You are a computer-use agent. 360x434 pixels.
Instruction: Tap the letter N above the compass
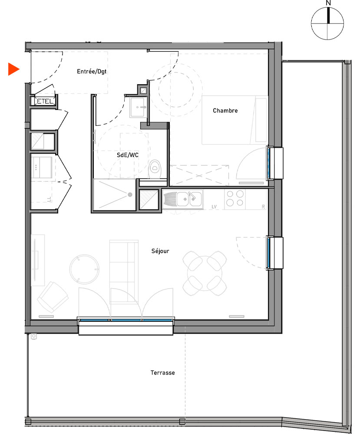click(328, 3)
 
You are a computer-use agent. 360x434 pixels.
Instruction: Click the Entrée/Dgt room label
click(92, 71)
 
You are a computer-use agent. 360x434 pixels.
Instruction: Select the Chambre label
click(225, 111)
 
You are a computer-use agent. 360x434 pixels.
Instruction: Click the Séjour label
click(160, 251)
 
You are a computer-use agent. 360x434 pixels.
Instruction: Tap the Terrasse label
click(163, 372)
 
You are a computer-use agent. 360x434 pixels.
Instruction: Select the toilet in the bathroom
click(155, 168)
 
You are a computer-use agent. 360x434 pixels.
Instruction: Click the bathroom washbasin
click(139, 107)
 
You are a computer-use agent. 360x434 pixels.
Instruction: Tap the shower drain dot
click(129, 195)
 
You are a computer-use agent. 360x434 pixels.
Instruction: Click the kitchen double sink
click(189, 199)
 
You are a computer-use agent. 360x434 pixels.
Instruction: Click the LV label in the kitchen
click(214, 206)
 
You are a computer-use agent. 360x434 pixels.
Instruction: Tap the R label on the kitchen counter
click(263, 206)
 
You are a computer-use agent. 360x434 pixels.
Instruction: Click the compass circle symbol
click(328, 23)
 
